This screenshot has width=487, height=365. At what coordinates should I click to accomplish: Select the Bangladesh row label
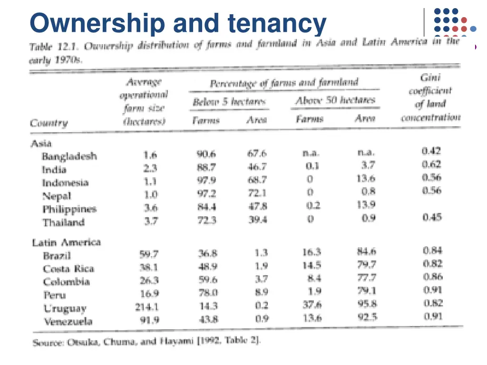pyautogui.click(x=69, y=156)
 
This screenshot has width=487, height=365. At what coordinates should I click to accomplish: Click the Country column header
pyautogui.click(x=49, y=123)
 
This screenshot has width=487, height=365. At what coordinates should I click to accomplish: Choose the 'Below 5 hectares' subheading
pyautogui.click(x=229, y=102)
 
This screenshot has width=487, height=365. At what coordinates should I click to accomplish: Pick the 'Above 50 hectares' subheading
pyautogui.click(x=335, y=101)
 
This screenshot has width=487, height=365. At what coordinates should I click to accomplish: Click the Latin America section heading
pyautogui.click(x=67, y=242)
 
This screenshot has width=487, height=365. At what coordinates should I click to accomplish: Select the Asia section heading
pyautogui.click(x=41, y=143)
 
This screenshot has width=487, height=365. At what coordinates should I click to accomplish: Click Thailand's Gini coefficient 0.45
pyautogui.click(x=432, y=217)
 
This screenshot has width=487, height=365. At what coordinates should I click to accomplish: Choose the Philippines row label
pyautogui.click(x=69, y=209)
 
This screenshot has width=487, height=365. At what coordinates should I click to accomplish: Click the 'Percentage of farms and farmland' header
pyautogui.click(x=284, y=83)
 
